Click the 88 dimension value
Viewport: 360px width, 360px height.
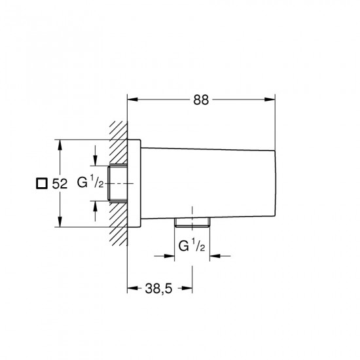(201, 100)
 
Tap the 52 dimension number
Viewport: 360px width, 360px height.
(60, 184)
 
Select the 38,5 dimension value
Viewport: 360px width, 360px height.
(158, 289)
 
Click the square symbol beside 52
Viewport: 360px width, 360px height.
(42, 183)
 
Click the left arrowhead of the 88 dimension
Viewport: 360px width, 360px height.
(132, 99)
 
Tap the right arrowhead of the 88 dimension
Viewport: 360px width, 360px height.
(270, 99)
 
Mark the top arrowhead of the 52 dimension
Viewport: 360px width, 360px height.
(60, 145)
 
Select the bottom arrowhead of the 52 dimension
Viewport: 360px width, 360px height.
(60, 222)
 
